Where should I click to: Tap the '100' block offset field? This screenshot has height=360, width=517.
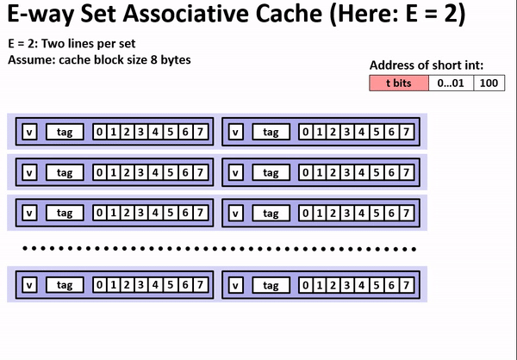489,84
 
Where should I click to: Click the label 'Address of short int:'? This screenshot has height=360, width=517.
426,65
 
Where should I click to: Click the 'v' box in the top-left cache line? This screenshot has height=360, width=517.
28,132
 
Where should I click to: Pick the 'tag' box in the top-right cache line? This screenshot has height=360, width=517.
271,132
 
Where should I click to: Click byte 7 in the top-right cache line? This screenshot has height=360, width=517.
406,132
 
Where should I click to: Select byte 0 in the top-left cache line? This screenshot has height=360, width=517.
100,132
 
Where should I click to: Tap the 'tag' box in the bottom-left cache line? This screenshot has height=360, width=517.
65,283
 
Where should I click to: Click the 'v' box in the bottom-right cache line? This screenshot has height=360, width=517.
235,283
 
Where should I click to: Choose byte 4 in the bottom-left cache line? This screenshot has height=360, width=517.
154,283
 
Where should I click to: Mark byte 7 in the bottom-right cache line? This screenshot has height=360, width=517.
406,283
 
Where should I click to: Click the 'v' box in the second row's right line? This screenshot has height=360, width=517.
235,172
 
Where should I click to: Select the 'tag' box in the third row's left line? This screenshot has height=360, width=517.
65,212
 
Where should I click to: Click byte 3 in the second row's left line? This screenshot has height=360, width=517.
140,172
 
